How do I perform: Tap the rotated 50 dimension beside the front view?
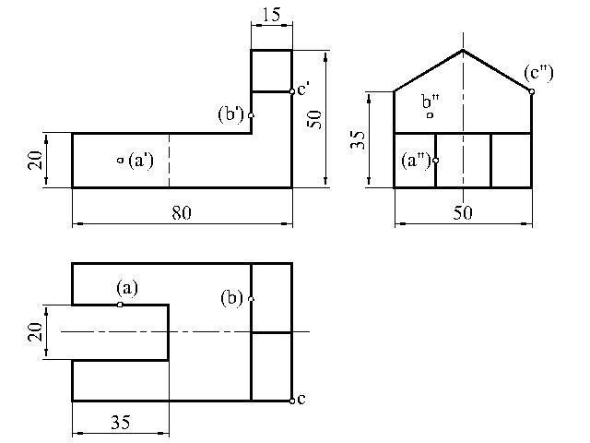coord(314,117)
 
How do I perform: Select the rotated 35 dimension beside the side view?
coord(360,139)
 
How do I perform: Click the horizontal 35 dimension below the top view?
coord(120,423)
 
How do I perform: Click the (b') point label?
coord(230,114)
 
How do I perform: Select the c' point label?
coord(303,89)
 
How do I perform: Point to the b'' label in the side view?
coord(431,101)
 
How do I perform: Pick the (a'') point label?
coord(417,160)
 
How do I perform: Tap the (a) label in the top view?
coord(126,287)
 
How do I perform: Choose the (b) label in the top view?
coord(232,298)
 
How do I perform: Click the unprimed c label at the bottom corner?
coord(301,399)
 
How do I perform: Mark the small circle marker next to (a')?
coord(120,161)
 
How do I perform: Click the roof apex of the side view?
coord(463,50)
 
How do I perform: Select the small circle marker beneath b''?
coord(430,115)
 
